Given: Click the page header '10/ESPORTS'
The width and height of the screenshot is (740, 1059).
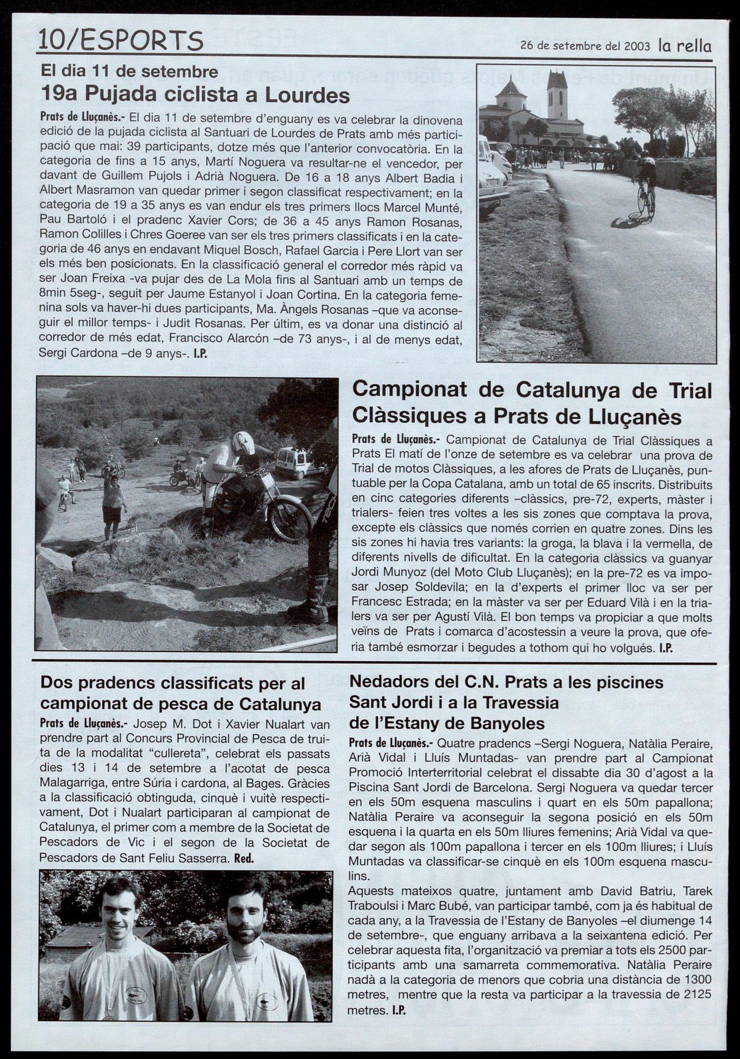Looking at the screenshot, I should click(x=120, y=41).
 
